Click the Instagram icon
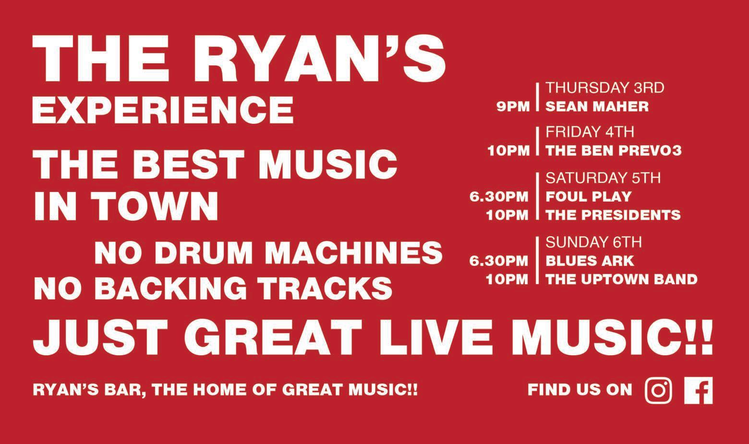coord(658,390)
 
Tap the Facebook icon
coord(699,390)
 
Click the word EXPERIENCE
coord(163,110)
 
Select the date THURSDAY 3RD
coord(605,88)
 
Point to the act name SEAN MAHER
coord(597,107)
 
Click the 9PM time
coord(513,107)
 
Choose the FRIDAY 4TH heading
coord(590,132)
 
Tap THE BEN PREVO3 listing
coord(614,151)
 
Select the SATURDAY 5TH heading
coord(603,178)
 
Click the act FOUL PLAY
coord(589,197)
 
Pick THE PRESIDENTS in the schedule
coord(613,215)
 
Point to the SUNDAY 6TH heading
coord(594,242)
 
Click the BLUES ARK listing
coord(590,261)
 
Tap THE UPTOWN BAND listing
coord(622,279)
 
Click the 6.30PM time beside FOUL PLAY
coord(499,197)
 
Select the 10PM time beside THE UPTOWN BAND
coord(507,279)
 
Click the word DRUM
coord(204,253)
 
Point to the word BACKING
coord(170,288)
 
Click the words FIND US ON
coord(580,390)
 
